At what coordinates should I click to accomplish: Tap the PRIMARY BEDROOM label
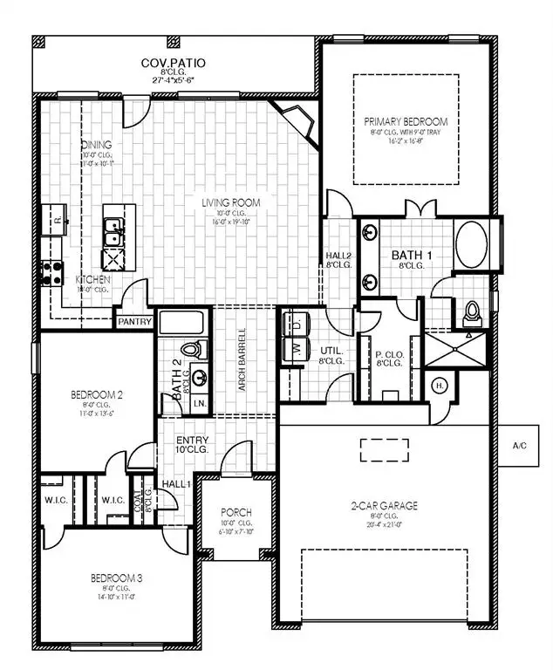pyautogui.click(x=406, y=121)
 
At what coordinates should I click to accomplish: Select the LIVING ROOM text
pyautogui.click(x=231, y=203)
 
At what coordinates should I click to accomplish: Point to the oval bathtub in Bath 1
pyautogui.click(x=474, y=244)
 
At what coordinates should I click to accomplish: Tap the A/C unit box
pyautogui.click(x=520, y=446)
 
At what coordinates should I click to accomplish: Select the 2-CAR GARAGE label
pyautogui.click(x=385, y=505)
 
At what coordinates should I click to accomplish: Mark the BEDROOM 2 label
pyautogui.click(x=97, y=395)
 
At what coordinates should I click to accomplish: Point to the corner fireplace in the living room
pyautogui.click(x=296, y=120)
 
